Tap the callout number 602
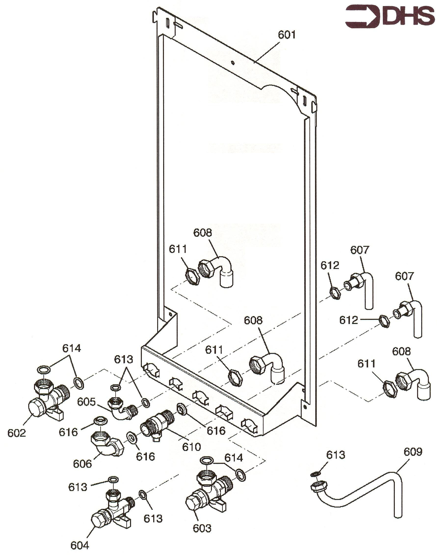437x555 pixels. pyautogui.click(x=17, y=433)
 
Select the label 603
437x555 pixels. pyautogui.click(x=202, y=529)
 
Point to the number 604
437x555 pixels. pyautogui.click(x=79, y=546)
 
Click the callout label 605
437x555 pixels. pyautogui.click(x=86, y=402)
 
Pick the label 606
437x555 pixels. pyautogui.click(x=82, y=464)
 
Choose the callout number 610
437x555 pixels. pyautogui.click(x=191, y=447)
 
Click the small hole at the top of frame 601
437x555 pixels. pyautogui.click(x=232, y=62)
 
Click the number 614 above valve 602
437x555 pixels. pyautogui.click(x=71, y=348)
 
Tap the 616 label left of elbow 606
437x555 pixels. pyautogui.click(x=68, y=432)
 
